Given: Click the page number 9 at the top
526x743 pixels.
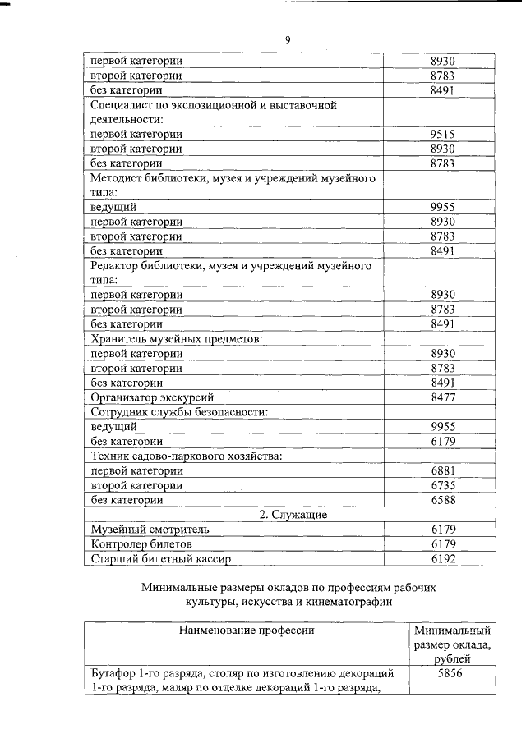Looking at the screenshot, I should [288, 40].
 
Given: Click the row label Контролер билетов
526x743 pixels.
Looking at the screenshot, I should [141, 544].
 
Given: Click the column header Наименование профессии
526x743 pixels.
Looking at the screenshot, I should [247, 631].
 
